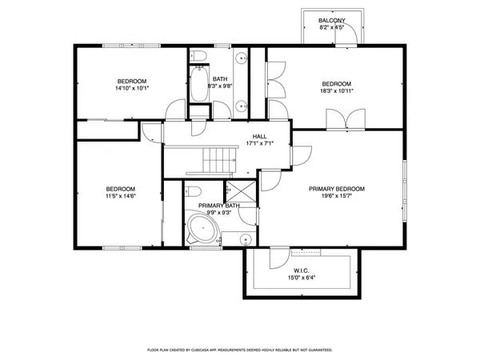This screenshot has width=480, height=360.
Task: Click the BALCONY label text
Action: [x=331, y=20]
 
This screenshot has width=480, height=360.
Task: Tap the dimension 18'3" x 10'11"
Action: [x=337, y=91]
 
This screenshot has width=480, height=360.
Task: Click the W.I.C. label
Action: [x=301, y=270]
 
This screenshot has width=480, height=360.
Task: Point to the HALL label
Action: [x=259, y=136]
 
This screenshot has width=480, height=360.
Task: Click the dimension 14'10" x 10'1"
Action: [x=132, y=89]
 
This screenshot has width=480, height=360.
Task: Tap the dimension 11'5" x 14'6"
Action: [x=121, y=196]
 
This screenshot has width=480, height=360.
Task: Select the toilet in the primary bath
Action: [x=192, y=191]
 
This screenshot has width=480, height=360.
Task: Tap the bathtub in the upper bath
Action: [x=198, y=86]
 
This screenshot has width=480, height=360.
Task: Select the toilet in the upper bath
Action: [x=200, y=55]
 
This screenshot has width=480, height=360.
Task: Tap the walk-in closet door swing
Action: [x=277, y=258]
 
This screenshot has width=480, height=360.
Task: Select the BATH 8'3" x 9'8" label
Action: [x=220, y=82]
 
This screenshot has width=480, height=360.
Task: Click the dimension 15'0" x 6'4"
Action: [x=301, y=278]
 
